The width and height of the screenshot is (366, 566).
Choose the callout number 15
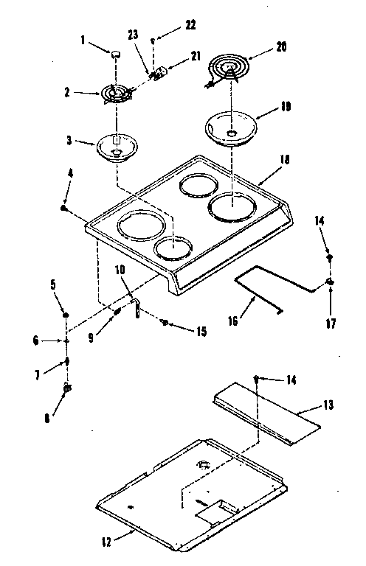click(x=201, y=332)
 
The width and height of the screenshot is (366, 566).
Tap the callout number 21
click(x=196, y=56)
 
